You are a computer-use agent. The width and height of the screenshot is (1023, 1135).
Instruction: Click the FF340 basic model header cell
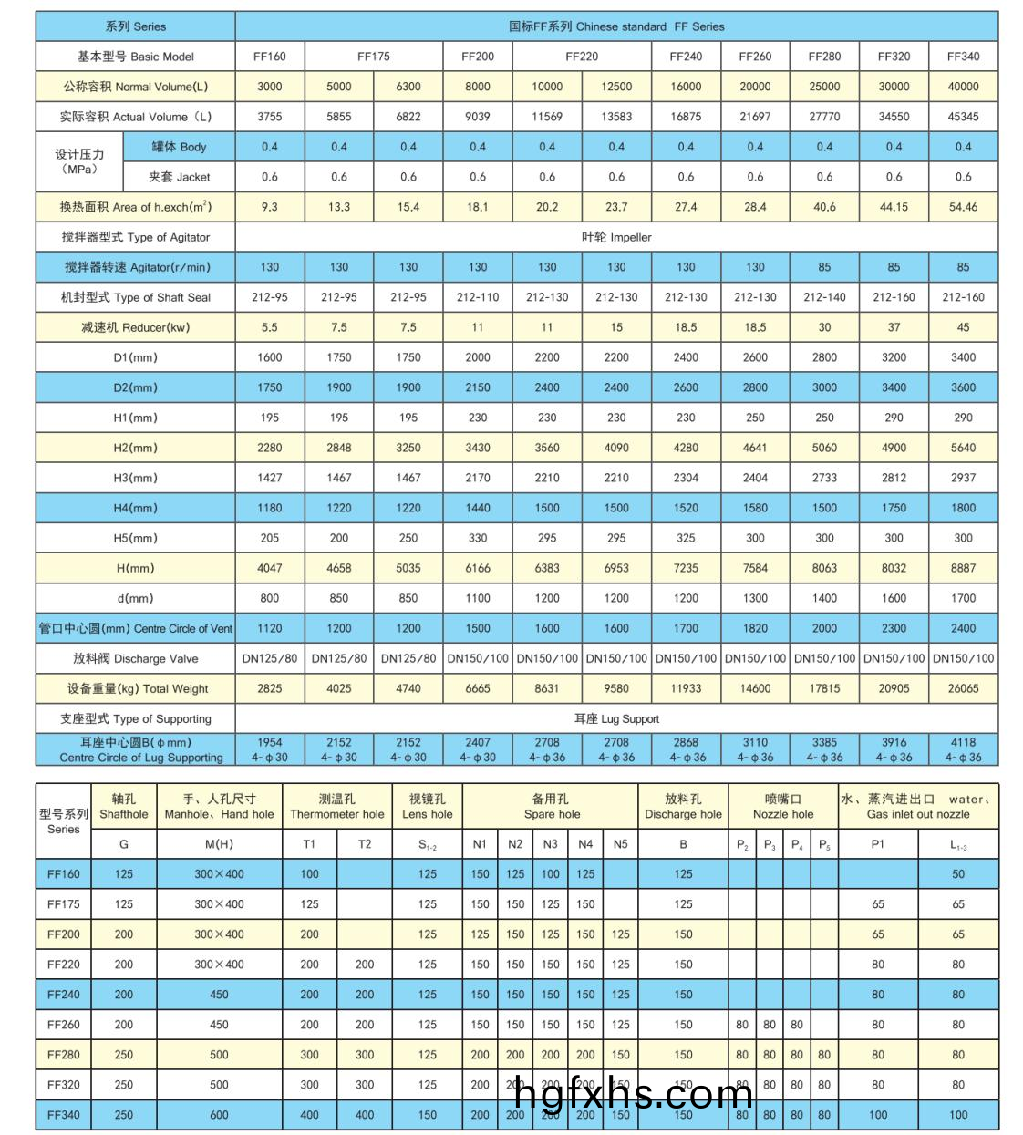coord(963,57)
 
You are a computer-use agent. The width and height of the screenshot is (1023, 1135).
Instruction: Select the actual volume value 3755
coord(270,117)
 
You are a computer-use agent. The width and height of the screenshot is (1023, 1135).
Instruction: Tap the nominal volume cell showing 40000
coord(963,87)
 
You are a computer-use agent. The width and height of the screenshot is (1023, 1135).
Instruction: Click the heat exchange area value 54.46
coord(963,207)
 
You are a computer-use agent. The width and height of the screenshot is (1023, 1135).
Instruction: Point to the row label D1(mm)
coord(135,357)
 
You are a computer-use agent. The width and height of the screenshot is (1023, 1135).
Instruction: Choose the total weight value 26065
coord(963,688)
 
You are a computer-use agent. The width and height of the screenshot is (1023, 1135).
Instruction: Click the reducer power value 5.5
coord(270,327)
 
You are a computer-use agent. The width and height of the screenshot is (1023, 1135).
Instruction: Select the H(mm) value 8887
coord(963,568)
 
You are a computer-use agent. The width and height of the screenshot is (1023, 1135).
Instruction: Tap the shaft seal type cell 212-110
coord(478,297)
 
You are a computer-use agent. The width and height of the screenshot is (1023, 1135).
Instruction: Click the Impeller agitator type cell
coord(616,237)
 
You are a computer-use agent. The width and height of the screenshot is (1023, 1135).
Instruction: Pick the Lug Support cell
coord(616,718)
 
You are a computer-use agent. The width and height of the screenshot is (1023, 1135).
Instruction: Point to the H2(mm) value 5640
coord(963,448)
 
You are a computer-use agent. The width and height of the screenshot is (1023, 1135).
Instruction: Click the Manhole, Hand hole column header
coord(219,807)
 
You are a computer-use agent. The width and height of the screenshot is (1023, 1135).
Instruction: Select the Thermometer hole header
coord(337,807)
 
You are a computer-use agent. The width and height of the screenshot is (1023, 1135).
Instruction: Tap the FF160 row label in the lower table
coord(64,873)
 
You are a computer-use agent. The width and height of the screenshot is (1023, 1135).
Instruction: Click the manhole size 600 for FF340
coord(219,1114)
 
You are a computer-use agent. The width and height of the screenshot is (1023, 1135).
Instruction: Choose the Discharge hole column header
coord(683,807)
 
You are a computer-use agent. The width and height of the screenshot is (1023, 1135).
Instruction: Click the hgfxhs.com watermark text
coord(634,1093)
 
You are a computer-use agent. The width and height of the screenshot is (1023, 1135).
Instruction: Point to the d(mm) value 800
coord(270,598)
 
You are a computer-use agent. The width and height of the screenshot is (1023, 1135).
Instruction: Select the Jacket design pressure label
coord(180,177)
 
